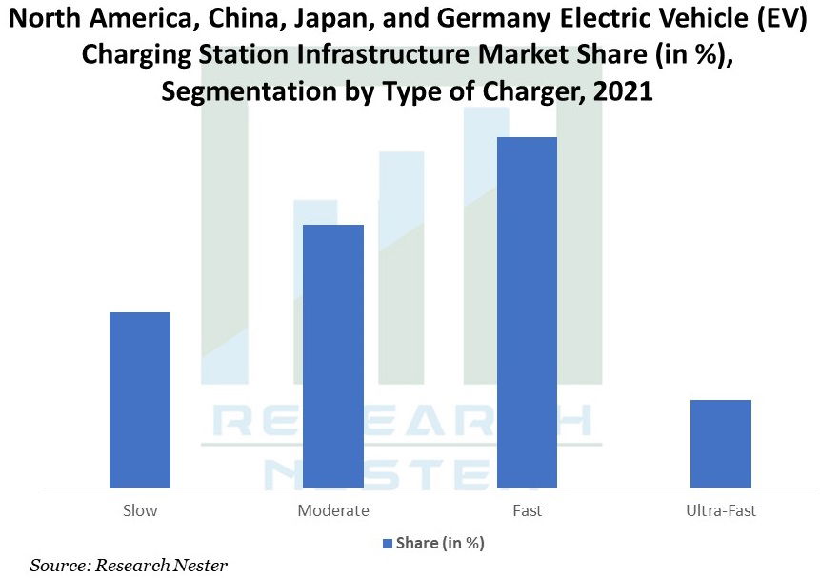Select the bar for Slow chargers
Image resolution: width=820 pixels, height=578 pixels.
140,399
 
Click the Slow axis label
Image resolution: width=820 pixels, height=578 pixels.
140,510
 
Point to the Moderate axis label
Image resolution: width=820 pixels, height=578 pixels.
333,510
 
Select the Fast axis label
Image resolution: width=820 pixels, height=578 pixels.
527,510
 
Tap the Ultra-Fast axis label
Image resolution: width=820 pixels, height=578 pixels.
720,510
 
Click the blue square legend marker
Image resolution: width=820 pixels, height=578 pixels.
387,543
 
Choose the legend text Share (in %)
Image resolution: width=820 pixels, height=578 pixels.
440,543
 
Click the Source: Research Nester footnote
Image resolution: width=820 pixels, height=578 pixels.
129,566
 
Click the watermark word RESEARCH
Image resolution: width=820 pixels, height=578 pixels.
400,421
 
